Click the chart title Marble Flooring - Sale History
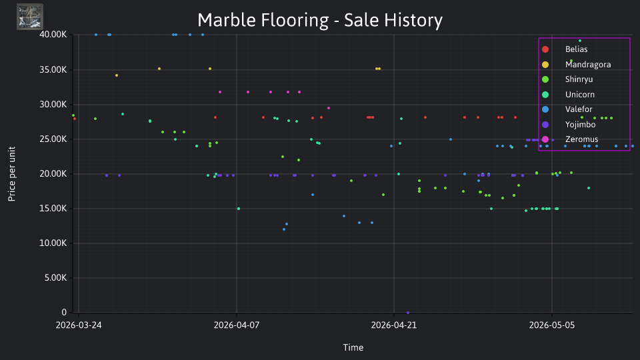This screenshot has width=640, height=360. pos(320,20)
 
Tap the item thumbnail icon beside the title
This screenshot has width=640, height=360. pos(30,17)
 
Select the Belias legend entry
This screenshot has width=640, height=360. pos(565,49)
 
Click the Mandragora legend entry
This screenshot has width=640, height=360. pos(576,65)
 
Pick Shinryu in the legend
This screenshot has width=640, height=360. pos(567,79)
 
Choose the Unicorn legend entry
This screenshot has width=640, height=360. pos(568,94)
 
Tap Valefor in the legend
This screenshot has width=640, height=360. pos(567,109)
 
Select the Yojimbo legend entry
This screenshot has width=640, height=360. pos(568,125)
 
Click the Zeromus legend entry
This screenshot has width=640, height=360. pos(569,139)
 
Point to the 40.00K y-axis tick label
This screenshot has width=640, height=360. pos(53,35)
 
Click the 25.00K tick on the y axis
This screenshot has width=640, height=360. pos(53,139)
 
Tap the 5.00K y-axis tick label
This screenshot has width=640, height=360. pos(55,278)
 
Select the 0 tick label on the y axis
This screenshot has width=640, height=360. pos(64,312)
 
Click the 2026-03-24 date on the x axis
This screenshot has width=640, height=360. pos(79,325)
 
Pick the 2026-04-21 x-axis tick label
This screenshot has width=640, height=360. pos(394,325)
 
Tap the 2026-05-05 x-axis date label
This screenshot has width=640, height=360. pos(552,325)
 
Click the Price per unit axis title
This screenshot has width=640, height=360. pos(12,174)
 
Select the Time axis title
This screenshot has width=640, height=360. pos(353,347)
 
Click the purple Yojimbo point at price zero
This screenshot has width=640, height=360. pos(408,313)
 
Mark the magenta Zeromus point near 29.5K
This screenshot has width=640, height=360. pos(329,108)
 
